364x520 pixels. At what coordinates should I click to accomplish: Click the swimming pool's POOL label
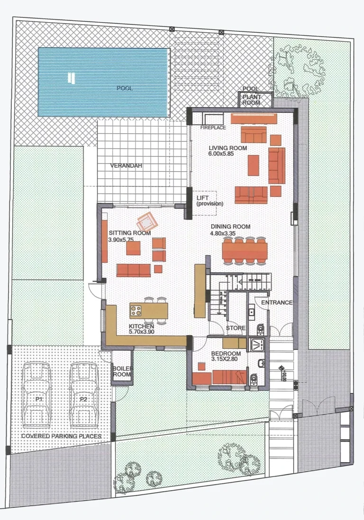[125, 88]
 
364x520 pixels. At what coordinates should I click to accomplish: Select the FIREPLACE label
[213, 128]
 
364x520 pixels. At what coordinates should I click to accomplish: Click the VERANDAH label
[126, 166]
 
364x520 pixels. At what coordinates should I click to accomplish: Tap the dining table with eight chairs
[245, 250]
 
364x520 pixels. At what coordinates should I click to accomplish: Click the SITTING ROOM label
[130, 233]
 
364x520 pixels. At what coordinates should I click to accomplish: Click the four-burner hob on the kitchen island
[136, 311]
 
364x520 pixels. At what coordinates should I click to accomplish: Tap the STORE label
[235, 328]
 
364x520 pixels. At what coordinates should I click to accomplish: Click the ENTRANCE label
[277, 303]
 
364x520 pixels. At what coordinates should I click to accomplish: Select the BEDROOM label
[226, 353]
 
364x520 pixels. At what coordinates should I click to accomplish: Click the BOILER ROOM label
[121, 371]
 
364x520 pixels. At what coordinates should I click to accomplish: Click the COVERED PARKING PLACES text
[61, 436]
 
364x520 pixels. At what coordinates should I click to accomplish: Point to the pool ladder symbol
[71, 78]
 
